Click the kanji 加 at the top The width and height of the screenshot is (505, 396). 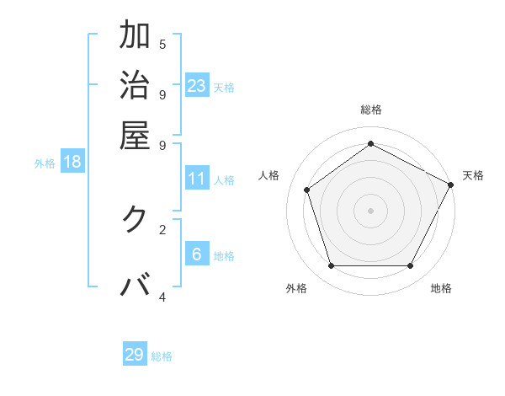[136, 35]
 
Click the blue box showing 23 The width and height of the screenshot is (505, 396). [197, 86]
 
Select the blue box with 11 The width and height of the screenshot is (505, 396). [197, 179]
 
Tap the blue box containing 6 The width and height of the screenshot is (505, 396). [197, 254]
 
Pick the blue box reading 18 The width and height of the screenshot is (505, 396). [72, 162]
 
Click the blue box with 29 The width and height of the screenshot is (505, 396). [135, 355]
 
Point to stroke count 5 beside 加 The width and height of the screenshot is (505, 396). [162, 45]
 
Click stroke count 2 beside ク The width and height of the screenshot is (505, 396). [162, 228]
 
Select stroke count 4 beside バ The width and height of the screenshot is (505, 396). [162, 297]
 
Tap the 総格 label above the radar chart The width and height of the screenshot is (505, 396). [370, 110]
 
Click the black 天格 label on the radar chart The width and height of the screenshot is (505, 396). [473, 175]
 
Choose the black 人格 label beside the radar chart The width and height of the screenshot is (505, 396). [269, 175]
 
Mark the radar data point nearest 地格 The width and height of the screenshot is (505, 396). [411, 266]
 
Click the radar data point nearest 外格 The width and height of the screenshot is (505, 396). [331, 266]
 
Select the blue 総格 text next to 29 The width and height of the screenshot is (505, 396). [162, 356]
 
